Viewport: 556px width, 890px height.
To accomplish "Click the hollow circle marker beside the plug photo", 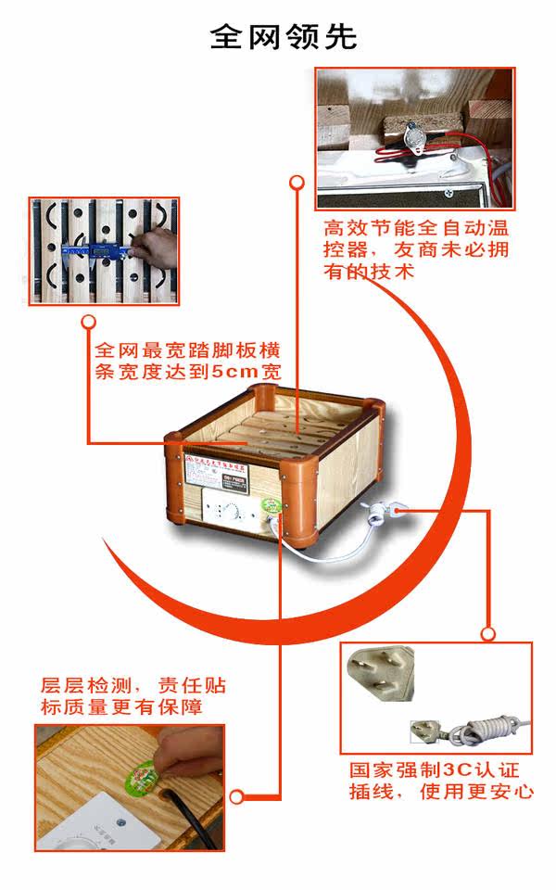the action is click(x=488, y=634).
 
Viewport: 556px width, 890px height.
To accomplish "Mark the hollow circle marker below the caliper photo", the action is click(x=89, y=322).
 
